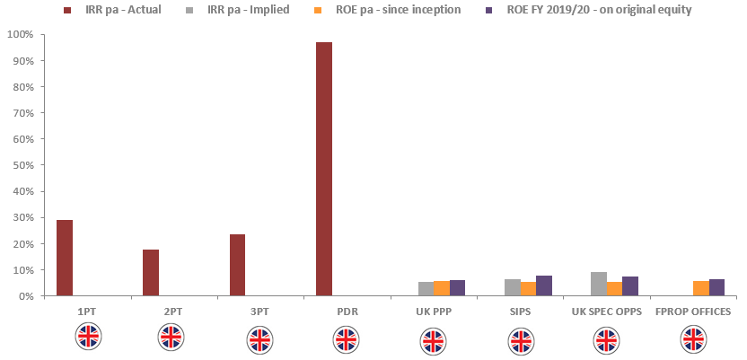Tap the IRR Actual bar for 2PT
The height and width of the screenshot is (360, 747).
tap(151, 273)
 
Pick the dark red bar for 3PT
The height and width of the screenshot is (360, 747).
tap(238, 265)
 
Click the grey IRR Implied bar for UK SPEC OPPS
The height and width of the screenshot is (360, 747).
tap(599, 284)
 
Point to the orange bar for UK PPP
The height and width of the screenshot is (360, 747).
tap(442, 288)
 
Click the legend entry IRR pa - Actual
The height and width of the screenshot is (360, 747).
tap(122, 10)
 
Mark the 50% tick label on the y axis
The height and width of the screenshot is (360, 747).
tap(22, 165)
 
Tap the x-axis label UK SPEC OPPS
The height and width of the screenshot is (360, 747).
tap(606, 312)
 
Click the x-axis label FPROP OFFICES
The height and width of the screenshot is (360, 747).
tap(693, 312)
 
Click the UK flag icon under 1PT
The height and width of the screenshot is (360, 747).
tap(88, 337)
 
